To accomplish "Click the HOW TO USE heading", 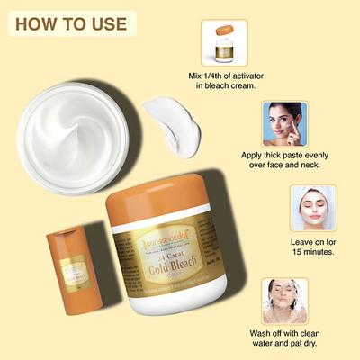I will pyautogui.click(x=71, y=22).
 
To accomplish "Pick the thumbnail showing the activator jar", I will pyautogui.click(x=224, y=42).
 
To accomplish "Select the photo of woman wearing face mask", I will pyautogui.click(x=312, y=208).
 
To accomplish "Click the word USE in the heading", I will pyautogui.click(x=105, y=22).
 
